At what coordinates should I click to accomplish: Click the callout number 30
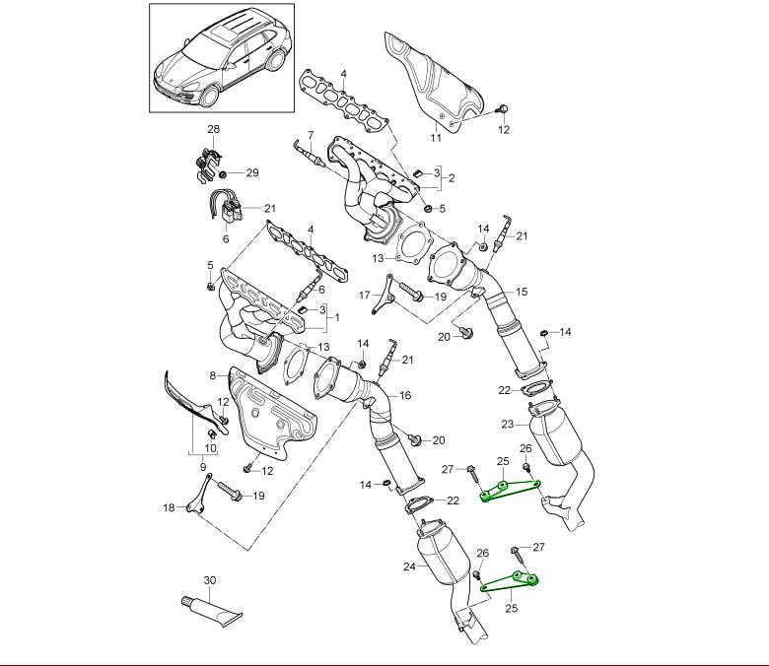(209, 580)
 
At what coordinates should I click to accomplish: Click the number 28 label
(213, 129)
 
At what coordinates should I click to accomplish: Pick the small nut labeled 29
(223, 173)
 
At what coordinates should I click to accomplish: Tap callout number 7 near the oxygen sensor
(310, 135)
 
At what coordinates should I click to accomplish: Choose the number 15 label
(522, 292)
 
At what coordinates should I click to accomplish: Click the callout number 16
(405, 395)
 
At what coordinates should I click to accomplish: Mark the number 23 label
(507, 425)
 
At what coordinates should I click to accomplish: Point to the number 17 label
(364, 295)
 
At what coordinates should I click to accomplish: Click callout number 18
(169, 508)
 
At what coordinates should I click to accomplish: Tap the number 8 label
(212, 375)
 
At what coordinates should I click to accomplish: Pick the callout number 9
(204, 465)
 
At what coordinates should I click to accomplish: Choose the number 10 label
(211, 446)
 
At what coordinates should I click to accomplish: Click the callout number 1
(336, 317)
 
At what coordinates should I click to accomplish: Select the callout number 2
(451, 178)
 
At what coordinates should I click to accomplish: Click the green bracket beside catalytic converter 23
(508, 490)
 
